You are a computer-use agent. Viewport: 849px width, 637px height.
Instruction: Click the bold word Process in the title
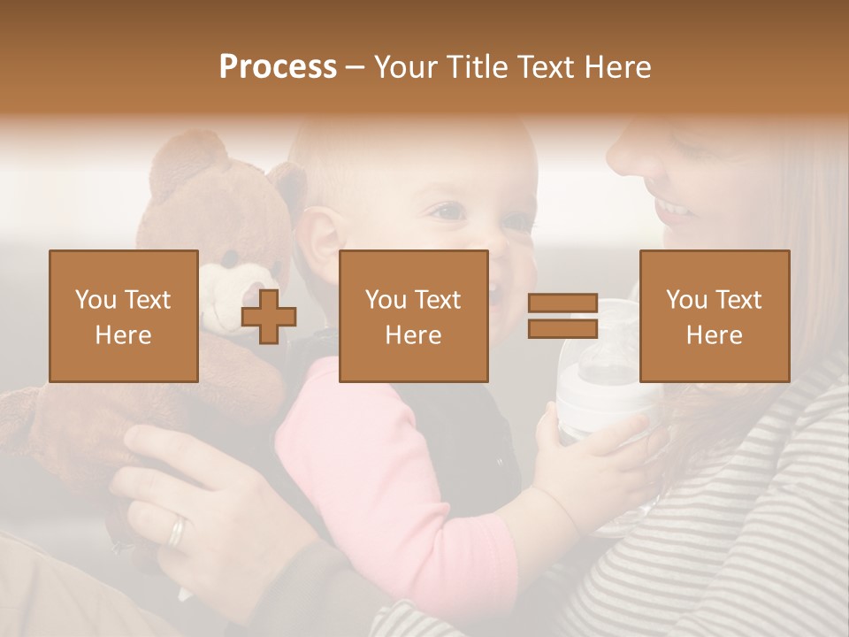tap(278, 67)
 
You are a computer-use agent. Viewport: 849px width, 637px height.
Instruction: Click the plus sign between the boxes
tap(269, 317)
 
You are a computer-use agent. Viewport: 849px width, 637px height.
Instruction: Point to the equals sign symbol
tap(562, 317)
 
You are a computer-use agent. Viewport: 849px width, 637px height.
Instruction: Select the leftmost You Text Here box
tap(124, 316)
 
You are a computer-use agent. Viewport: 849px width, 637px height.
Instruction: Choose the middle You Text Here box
tap(414, 316)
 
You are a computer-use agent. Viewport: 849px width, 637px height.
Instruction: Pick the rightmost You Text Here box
tap(715, 316)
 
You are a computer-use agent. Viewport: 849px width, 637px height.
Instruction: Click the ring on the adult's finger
tap(178, 530)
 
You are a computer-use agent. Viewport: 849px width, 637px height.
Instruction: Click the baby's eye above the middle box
tap(448, 212)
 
